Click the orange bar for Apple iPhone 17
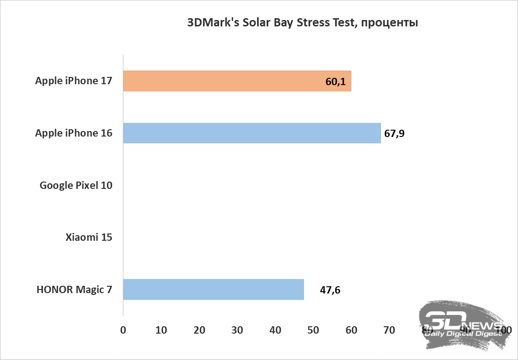237,81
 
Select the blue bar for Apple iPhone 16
252,133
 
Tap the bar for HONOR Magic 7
213,289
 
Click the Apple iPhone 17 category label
74,81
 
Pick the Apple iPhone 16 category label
74,133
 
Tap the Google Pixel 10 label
76,185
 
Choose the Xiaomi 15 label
89,238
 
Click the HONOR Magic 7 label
75,289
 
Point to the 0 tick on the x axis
123,330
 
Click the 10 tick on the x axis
161,330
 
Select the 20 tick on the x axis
199,330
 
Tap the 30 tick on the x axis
237,330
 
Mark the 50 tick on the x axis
314,330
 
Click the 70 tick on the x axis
390,330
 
